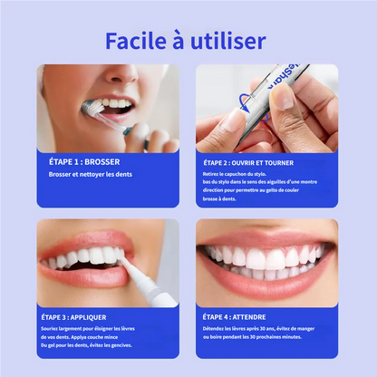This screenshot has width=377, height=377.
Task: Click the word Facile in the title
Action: click(136, 41)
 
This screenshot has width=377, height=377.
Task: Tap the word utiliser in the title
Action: click(230, 41)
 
